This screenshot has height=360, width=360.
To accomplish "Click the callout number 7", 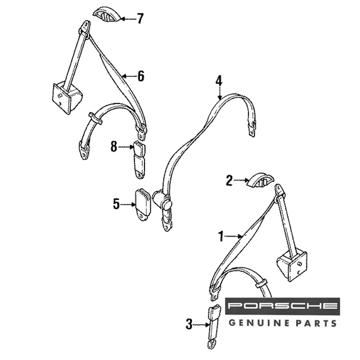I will (x=139, y=18).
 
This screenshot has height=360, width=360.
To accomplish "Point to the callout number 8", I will (x=114, y=147).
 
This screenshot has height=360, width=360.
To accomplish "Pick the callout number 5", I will (x=116, y=204).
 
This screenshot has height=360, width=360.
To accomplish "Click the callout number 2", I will (x=229, y=180).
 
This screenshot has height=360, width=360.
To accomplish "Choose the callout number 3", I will (x=189, y=324).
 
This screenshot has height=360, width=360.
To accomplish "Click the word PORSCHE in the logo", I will (x=283, y=306).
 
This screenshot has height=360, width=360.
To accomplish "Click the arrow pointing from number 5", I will (x=127, y=204).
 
